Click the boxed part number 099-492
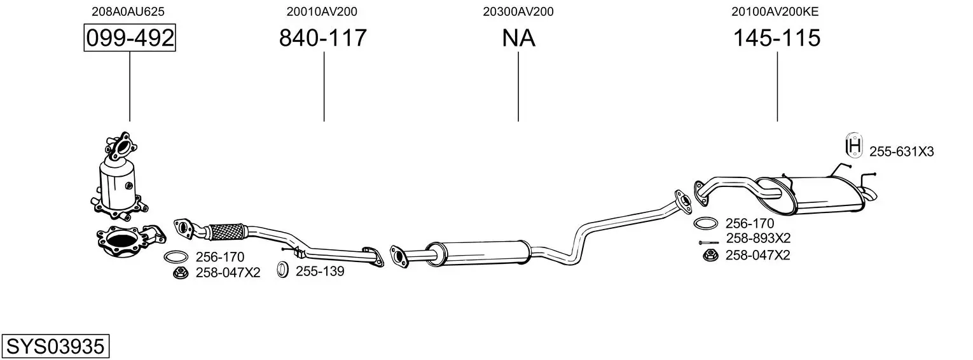point(130,38)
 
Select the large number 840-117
point(322,38)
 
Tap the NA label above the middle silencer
point(518,38)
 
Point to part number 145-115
point(776,38)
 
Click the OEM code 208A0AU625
point(128,11)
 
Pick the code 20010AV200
point(322,11)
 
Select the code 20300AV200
point(518,11)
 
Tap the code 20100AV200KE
point(775,11)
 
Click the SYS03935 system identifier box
point(55,347)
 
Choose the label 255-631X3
point(901,151)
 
